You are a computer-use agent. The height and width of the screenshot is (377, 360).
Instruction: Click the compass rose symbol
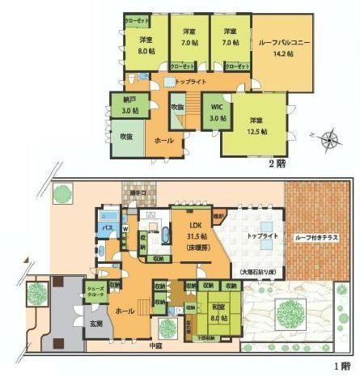(329, 140)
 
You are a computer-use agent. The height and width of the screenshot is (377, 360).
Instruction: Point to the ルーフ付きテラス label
(316, 238)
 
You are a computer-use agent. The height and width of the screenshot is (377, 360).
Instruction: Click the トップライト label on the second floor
(190, 82)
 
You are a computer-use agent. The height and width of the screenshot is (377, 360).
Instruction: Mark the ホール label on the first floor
(125, 310)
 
